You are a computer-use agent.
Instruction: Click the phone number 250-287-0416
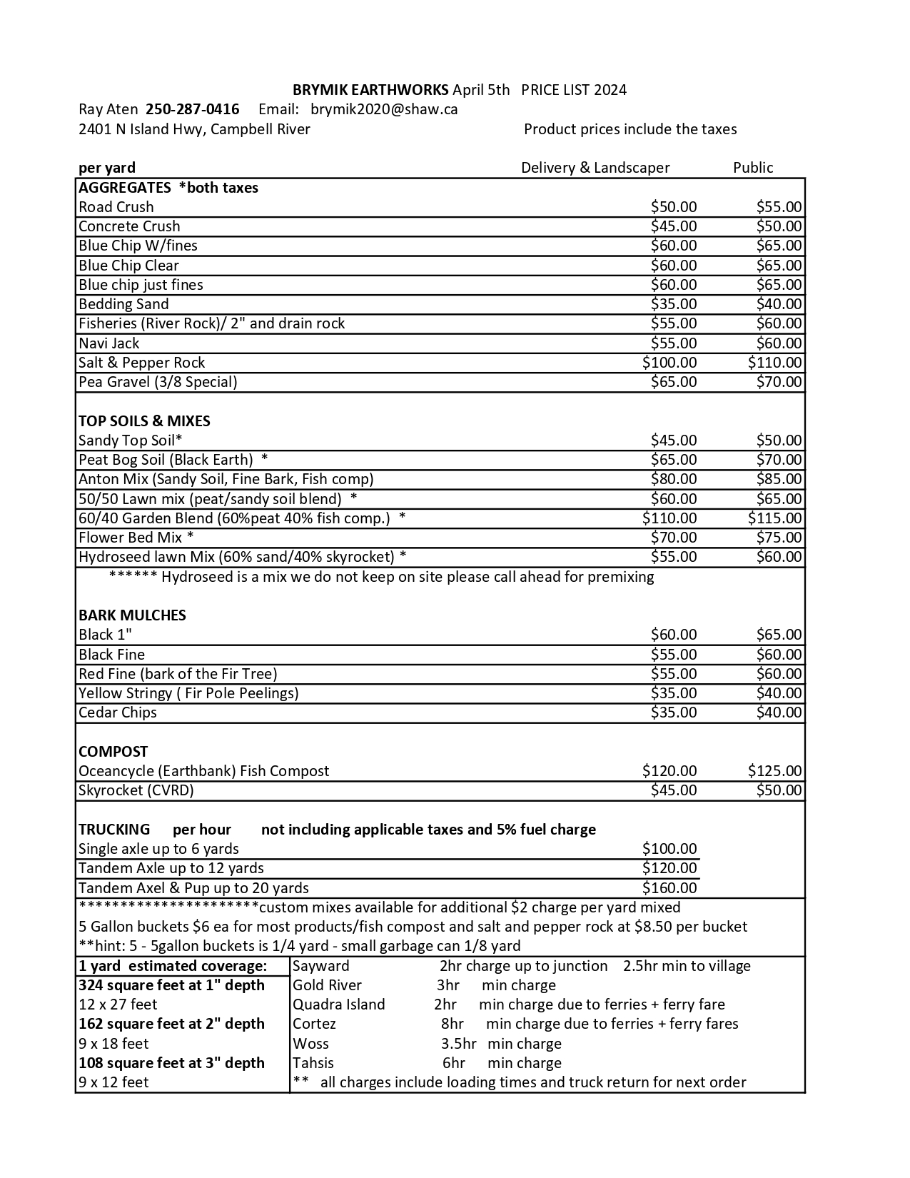pos(192,109)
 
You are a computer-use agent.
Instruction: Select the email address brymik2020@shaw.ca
pos(384,109)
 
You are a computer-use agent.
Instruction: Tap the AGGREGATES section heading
pos(125,188)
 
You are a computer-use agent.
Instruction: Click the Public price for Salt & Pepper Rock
pos(774,363)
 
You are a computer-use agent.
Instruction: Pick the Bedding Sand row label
pos(123,304)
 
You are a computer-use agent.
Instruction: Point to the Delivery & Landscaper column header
pos(595,168)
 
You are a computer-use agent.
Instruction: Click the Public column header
pos(753,168)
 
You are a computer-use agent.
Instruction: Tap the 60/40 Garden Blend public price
pos(774,518)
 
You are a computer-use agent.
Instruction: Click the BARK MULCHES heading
pos(132,615)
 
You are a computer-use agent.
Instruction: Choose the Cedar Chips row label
pos(118,713)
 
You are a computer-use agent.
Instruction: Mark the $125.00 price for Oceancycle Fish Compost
pos(774,771)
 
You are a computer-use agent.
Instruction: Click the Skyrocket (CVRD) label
pos(136,790)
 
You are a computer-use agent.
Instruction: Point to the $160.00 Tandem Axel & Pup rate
pos(669,888)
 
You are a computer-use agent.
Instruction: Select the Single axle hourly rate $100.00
pos(669,849)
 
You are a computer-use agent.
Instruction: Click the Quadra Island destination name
pos(339,1005)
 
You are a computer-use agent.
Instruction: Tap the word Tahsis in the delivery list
pos(313,1063)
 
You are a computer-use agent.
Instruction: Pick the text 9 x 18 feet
pos(113,1044)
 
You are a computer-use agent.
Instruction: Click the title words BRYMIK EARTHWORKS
pos(370,90)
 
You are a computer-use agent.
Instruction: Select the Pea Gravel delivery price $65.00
pos(673,382)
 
